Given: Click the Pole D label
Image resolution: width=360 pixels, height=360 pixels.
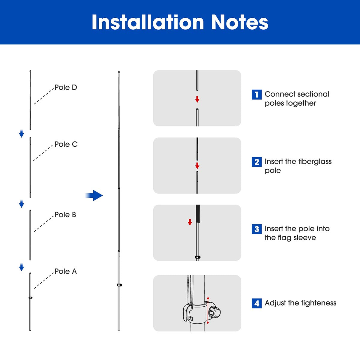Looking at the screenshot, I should [66, 88].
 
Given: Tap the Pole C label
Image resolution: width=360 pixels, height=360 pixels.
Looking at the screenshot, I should [66, 144].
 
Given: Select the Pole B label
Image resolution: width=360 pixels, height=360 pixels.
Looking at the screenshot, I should [65, 215].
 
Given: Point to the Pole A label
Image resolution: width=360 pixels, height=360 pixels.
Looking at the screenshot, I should [66, 271].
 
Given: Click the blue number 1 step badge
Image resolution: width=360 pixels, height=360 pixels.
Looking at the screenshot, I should [256, 94].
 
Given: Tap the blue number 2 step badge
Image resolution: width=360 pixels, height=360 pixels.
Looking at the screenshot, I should [256, 162].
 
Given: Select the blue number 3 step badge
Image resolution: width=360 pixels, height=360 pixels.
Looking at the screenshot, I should [256, 229].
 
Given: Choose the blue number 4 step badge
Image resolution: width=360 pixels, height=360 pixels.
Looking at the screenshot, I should [256, 303].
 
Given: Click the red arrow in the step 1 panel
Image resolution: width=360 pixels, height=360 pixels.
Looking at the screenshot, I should [197, 99].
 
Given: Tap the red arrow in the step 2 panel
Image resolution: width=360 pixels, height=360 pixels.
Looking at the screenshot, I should [197, 166].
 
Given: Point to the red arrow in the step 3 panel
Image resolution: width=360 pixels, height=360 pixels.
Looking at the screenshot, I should [190, 222].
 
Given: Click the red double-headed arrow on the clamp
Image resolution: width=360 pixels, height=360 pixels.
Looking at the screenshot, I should [208, 310].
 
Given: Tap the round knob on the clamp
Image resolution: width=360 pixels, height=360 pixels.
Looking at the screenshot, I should [216, 312].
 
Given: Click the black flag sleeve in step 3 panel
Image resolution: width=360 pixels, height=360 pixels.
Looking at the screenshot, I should [198, 214].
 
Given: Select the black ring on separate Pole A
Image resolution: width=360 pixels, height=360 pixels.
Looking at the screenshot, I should [30, 298].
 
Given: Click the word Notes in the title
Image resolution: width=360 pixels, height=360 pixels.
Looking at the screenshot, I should [239, 22].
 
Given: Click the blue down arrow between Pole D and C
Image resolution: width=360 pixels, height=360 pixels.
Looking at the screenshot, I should [21, 134].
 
